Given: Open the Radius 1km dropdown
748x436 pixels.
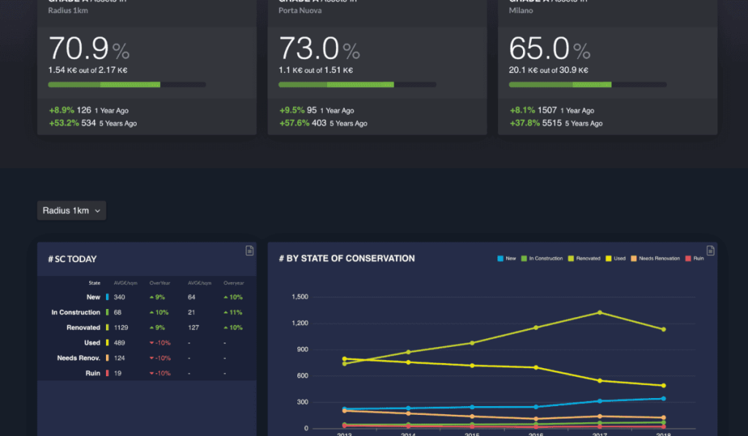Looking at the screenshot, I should (x=72, y=210).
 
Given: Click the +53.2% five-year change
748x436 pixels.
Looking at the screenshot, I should (x=64, y=123).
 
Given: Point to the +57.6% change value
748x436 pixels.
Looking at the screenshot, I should (x=294, y=123).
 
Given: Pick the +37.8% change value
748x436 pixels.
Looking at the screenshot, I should (x=524, y=123).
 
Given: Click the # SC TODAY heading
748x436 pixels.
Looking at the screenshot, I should (x=72, y=259).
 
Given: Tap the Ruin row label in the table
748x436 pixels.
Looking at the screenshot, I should (x=92, y=373).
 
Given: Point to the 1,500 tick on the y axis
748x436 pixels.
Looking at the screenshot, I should (x=300, y=297).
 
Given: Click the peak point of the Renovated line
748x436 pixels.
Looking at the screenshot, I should (x=600, y=313).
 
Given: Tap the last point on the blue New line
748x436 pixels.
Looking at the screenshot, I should (x=663, y=399).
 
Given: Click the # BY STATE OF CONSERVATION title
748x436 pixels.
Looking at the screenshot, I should (x=346, y=259).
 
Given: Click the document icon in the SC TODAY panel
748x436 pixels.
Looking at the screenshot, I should (x=249, y=250).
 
